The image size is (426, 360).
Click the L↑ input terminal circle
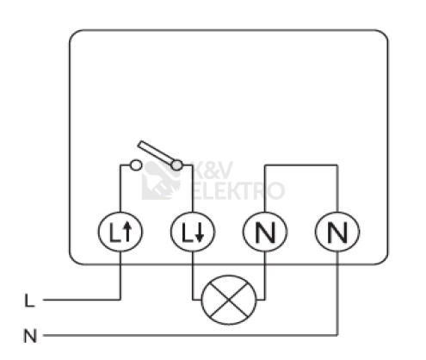tap(120, 232)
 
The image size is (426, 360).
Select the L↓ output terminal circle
tap(193, 232)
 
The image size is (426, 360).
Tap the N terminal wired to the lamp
tap(265, 232)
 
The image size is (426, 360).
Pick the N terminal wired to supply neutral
tap(337, 232)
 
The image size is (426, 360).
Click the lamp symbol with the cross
tap(229, 300)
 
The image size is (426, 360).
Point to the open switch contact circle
tap(136, 165)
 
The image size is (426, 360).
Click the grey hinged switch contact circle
tap(176, 165)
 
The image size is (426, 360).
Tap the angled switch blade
tap(157, 153)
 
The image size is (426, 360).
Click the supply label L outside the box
tap(29, 301)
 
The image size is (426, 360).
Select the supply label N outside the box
tap(30, 336)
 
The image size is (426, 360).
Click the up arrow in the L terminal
tap(127, 233)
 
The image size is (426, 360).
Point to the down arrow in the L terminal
tap(200, 233)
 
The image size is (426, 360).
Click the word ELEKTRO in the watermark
tap(238, 190)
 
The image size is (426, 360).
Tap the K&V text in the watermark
tap(213, 171)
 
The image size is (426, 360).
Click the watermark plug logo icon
tap(161, 180)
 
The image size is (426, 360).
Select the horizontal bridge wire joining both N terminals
tap(301, 165)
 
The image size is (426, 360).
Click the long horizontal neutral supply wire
tap(190, 335)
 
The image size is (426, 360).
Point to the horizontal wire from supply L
tap(82, 300)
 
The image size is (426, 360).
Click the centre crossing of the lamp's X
tap(229, 300)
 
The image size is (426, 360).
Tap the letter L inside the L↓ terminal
tap(186, 233)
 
